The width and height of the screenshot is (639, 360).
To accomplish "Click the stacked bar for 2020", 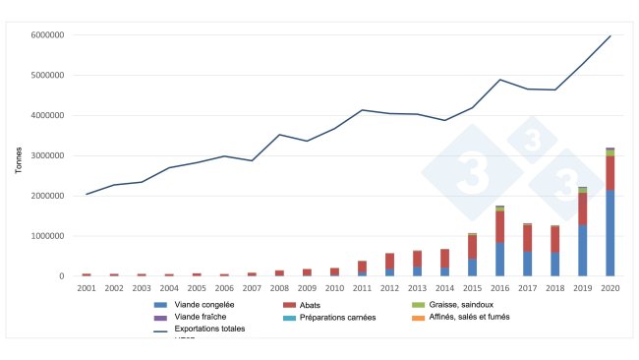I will pos(610,212).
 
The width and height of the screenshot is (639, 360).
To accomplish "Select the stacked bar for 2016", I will pos(499,241).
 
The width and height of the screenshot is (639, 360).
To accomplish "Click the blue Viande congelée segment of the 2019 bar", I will pos(582,251).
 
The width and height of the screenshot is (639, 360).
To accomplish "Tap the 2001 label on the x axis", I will pos(87,288).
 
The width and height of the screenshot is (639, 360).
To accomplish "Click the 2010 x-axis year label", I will pos(334,288).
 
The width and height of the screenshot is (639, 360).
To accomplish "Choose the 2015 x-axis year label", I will pos(472,288).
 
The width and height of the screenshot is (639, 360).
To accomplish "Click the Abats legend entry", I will pos(323,305).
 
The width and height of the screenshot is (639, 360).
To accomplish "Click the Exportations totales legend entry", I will pos(206,329).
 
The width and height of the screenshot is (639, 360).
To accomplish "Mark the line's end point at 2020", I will pos(610,36).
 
